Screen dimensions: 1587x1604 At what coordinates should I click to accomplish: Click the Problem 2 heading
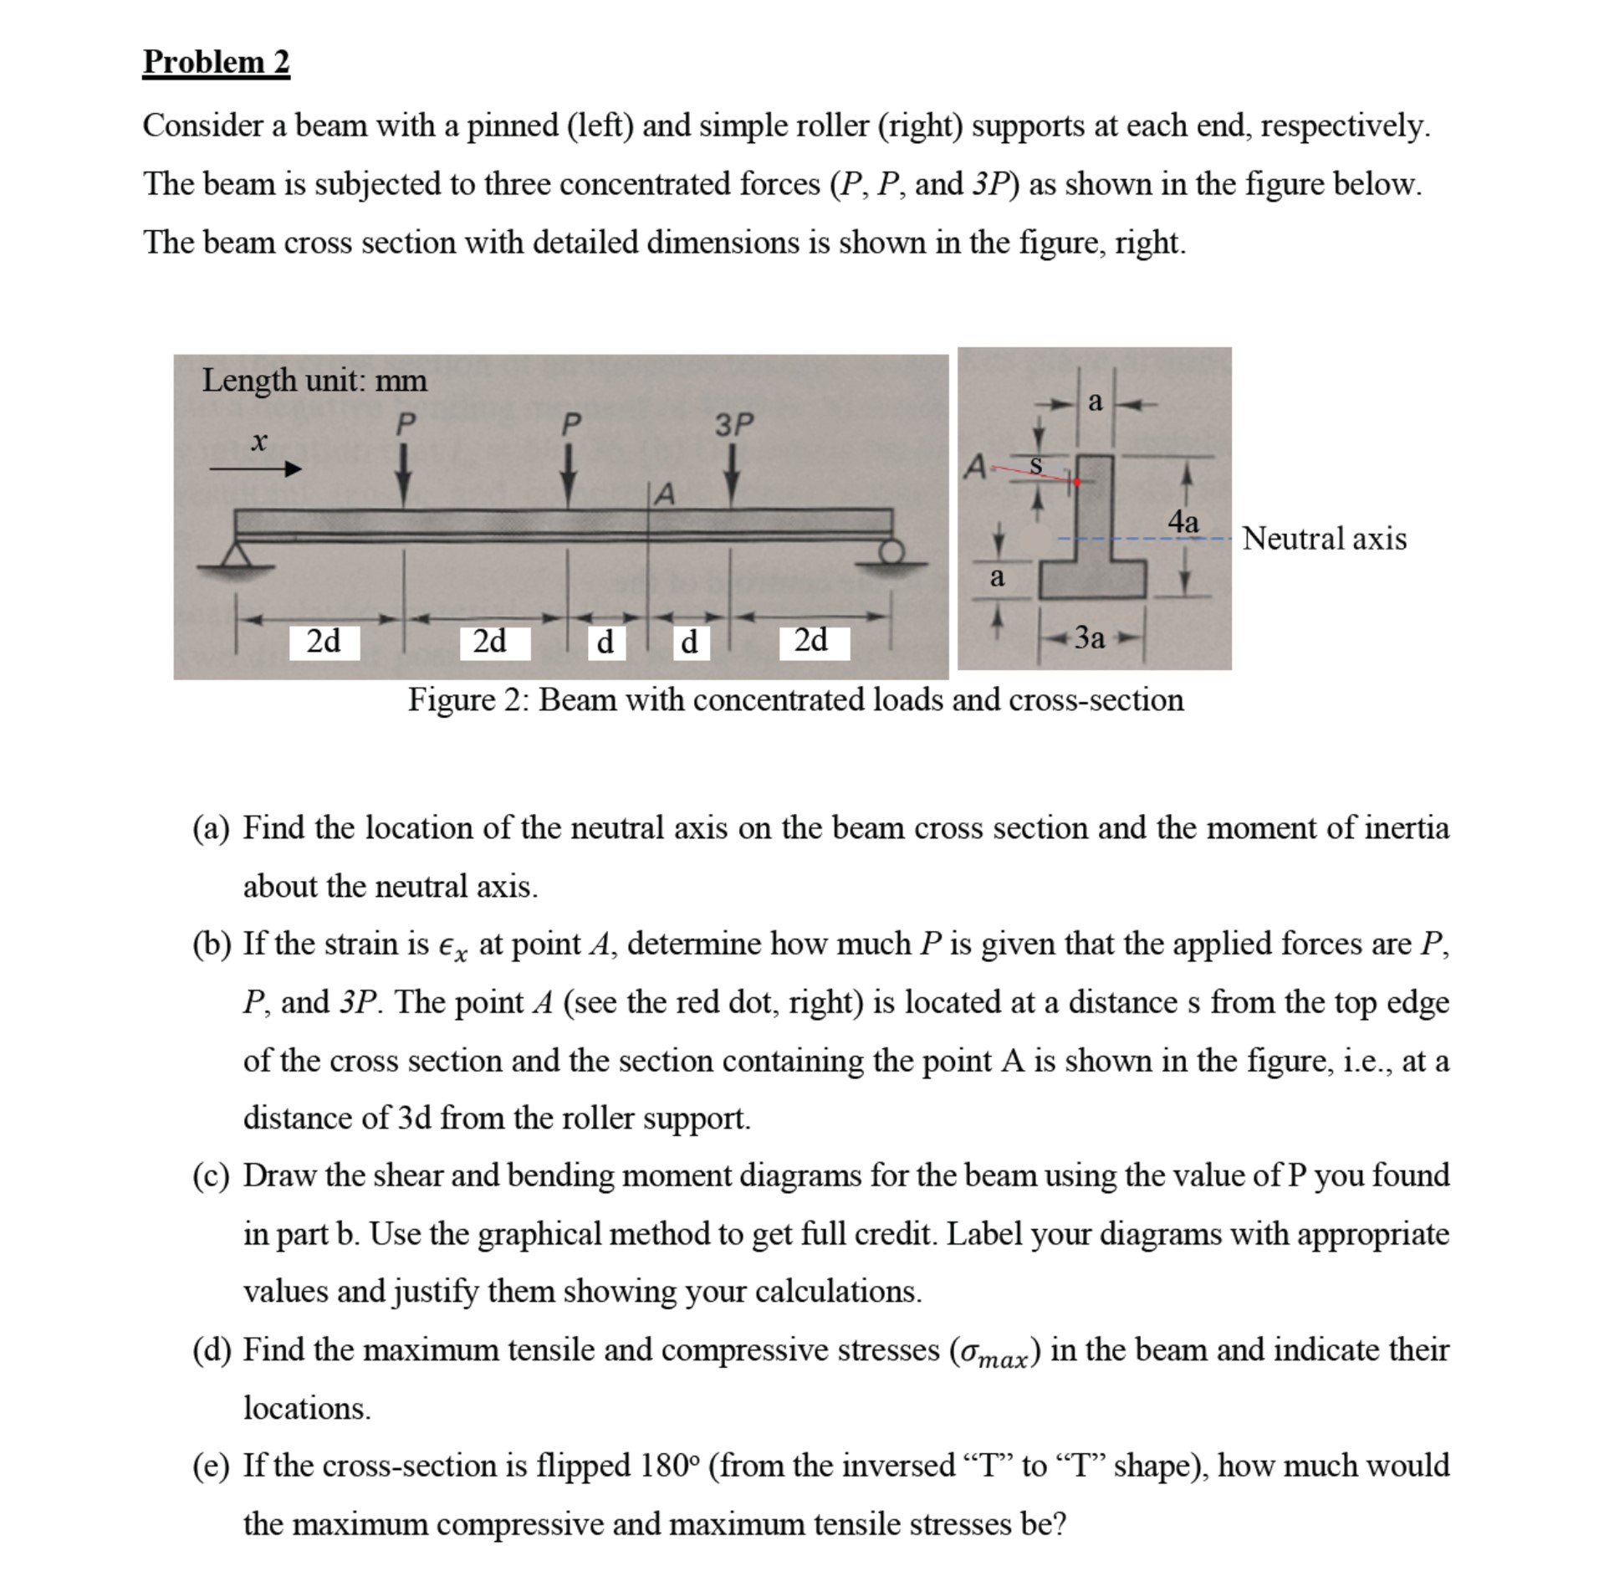(x=216, y=62)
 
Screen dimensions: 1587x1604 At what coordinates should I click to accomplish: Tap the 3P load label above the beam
(x=733, y=425)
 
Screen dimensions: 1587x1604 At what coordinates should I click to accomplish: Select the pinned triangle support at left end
(x=237, y=555)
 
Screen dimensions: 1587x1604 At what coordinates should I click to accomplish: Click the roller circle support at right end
(x=892, y=550)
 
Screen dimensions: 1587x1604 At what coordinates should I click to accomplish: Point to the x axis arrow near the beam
(x=255, y=469)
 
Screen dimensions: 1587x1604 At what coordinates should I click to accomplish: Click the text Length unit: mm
(x=314, y=381)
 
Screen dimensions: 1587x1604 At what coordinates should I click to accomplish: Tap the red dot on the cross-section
(x=1076, y=482)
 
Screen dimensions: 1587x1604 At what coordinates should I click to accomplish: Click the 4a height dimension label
(x=1183, y=522)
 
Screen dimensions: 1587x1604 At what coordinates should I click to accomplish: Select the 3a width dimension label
(x=1089, y=638)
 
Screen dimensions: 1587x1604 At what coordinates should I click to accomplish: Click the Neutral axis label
(x=1324, y=539)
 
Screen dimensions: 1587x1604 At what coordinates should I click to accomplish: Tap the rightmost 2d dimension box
(x=813, y=642)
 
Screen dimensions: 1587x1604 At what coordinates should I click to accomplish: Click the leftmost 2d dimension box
(x=324, y=642)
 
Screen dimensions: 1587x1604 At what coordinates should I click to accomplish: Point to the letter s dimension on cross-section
(x=1034, y=465)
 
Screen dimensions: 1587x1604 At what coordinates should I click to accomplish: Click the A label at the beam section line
(x=664, y=494)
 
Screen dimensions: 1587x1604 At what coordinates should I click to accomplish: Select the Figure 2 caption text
(x=794, y=700)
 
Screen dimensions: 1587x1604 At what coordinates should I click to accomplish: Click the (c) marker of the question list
(x=210, y=1175)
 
